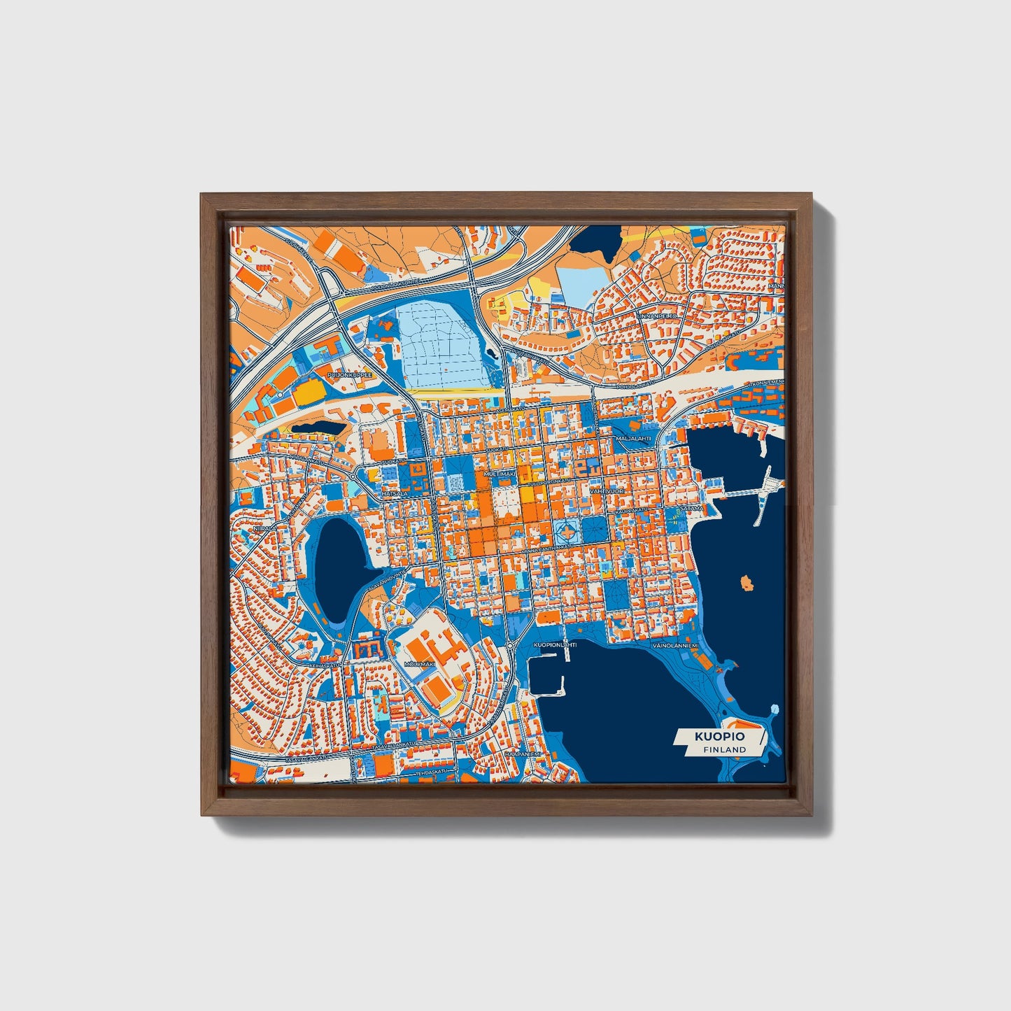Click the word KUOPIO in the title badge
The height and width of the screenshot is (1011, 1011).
(719, 737)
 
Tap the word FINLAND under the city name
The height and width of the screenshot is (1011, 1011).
(725, 749)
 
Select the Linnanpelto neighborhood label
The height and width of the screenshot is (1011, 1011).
(658, 316)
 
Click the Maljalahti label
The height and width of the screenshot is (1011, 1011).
(633, 439)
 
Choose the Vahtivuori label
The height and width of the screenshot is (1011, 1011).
(606, 492)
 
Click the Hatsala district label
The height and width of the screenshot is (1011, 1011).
(395, 494)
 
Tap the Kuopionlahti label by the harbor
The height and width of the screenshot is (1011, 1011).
(555, 644)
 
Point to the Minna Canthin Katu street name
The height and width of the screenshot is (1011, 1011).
(552, 547)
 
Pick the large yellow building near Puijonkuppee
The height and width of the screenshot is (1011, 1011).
(306, 393)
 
